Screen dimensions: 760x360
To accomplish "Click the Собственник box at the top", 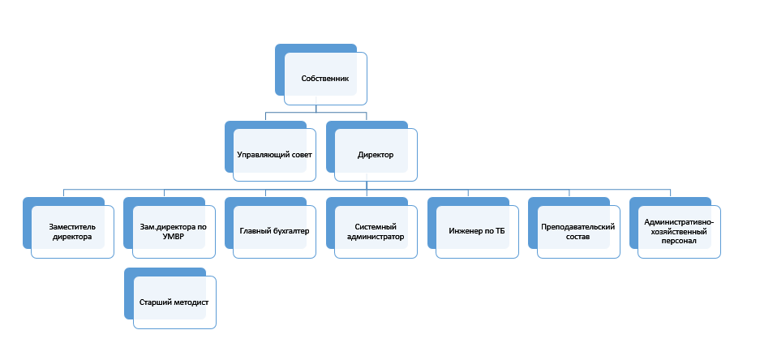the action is pos(321,74).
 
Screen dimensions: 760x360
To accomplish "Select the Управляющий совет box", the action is pos(270,151).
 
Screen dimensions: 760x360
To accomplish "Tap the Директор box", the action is pos(371,151).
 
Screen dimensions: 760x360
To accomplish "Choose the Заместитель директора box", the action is pos(68,228).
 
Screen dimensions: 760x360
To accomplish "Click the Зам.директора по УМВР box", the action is pos(170,228).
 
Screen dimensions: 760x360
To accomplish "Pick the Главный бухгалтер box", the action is pos(270,228).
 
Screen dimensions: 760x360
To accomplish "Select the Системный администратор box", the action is pos(371,228).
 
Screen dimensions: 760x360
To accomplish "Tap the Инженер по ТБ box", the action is pos(473,228).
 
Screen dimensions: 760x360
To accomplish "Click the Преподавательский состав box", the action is pos(574,228).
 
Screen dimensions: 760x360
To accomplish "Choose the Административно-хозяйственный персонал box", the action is pos(675,228).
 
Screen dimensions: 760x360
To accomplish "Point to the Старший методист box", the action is pos(170,298).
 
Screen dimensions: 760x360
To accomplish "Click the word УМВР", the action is pos(174,236).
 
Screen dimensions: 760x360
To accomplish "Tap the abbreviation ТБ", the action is pos(500,231).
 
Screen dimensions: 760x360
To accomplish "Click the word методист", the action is pos(191,302).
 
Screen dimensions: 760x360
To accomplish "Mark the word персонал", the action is pos(679,241).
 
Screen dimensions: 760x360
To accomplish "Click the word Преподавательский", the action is pos(578,227).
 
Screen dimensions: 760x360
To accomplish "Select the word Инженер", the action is pos(464,231).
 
